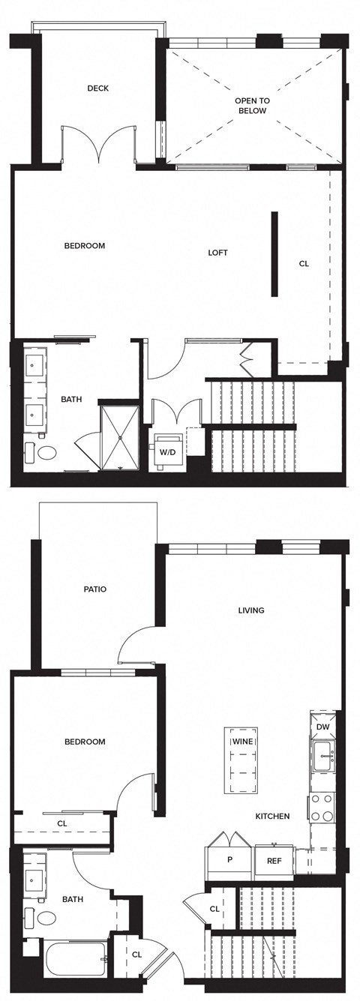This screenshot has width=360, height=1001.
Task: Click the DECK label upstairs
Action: coord(97,88)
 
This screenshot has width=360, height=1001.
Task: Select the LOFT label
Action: coord(217,253)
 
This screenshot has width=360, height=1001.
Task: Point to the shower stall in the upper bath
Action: coord(120,438)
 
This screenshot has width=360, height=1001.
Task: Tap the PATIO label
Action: coord(94,589)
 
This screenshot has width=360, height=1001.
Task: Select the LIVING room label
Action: coord(251,610)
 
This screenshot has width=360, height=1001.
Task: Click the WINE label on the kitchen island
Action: coord(241,742)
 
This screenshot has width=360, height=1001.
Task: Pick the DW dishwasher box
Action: coord(323,727)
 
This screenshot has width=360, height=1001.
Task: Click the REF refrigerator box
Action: coord(274,860)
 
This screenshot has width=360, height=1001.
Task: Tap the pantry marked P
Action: coord(229,860)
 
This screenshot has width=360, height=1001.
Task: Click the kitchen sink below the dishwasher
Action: coord(324,757)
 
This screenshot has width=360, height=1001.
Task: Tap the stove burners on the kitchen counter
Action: coord(322,808)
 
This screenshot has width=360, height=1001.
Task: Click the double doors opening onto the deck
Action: coord(98,145)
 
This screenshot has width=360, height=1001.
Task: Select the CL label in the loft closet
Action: coord(304,263)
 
